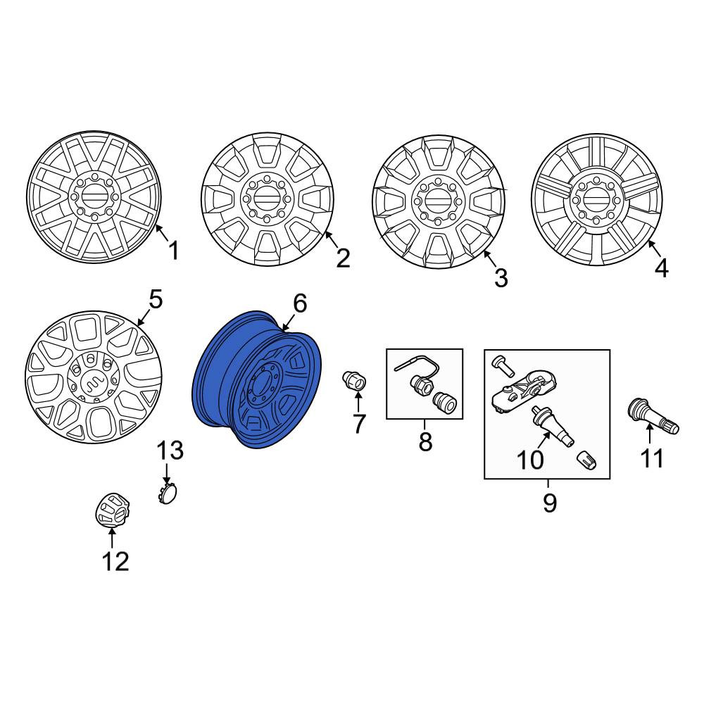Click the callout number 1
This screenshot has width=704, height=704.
pyautogui.click(x=173, y=251)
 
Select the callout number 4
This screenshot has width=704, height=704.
pyautogui.click(x=661, y=268)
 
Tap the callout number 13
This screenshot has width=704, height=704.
pyautogui.click(x=170, y=451)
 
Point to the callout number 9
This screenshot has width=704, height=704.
pyautogui.click(x=550, y=503)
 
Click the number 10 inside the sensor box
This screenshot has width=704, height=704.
pyautogui.click(x=530, y=460)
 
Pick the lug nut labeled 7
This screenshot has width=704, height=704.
pyautogui.click(x=354, y=382)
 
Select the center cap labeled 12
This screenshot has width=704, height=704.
pyautogui.click(x=112, y=510)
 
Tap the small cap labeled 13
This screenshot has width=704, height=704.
pyautogui.click(x=168, y=494)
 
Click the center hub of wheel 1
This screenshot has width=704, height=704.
pyautogui.click(x=94, y=197)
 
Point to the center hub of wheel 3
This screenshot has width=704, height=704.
pyautogui.click(x=438, y=201)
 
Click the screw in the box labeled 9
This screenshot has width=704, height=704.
pyautogui.click(x=503, y=365)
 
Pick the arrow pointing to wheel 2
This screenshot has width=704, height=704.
pyautogui.click(x=332, y=240)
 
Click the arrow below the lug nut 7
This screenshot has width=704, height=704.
pyautogui.click(x=358, y=402)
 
